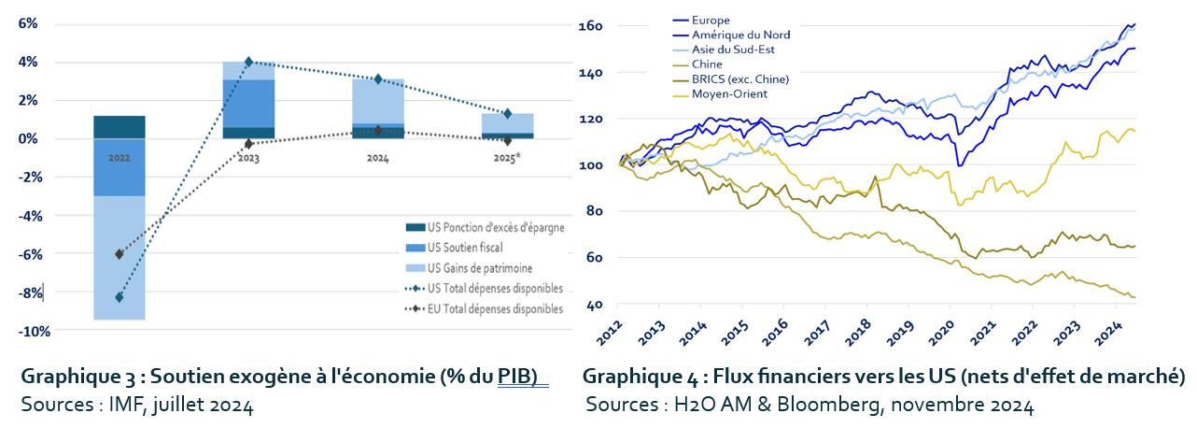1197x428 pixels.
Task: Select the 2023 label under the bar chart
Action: (248, 159)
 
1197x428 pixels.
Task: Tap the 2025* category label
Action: (507, 159)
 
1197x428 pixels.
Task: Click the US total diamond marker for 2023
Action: (248, 62)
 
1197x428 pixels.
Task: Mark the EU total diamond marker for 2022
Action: (119, 254)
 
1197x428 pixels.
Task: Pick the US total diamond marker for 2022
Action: (119, 297)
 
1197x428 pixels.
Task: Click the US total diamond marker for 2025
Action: (507, 113)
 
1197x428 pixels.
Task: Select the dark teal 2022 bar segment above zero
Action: (119, 127)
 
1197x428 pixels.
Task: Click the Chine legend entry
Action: (706, 64)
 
